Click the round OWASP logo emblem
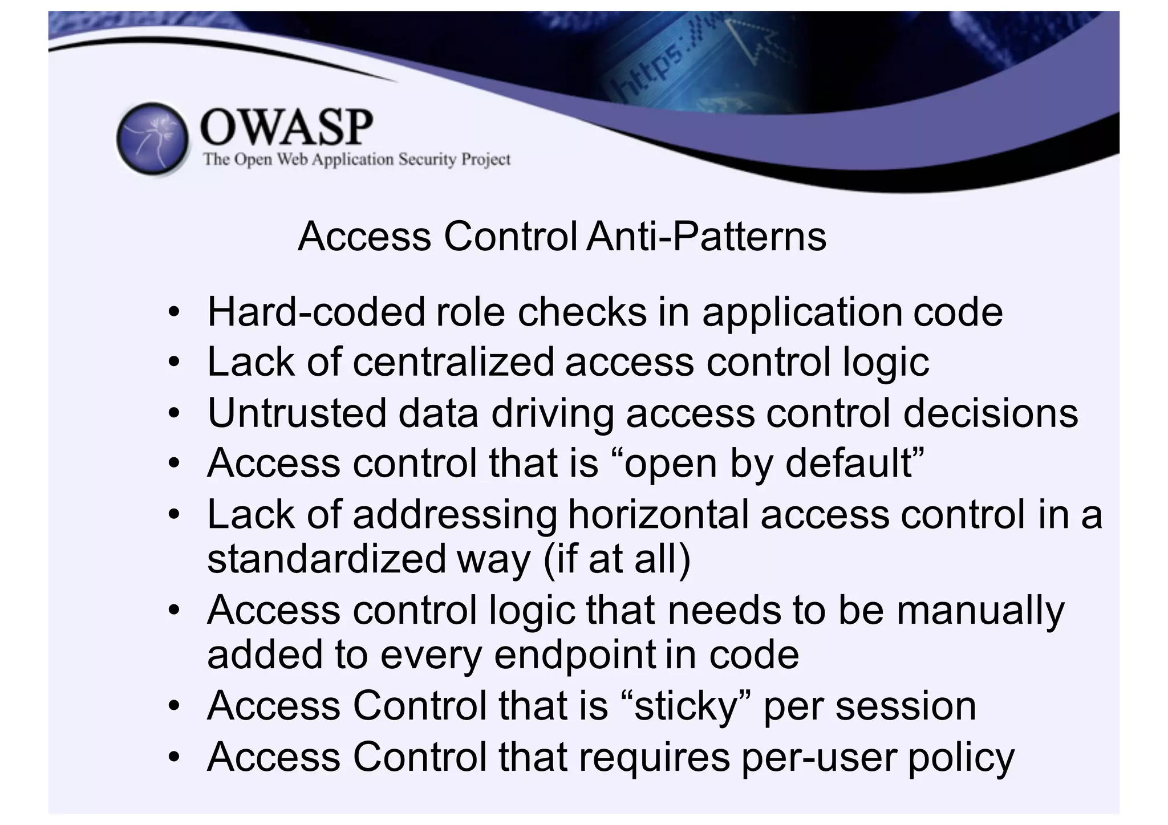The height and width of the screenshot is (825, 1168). (x=153, y=139)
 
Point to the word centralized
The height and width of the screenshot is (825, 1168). (x=453, y=362)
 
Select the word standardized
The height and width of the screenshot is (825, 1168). (x=326, y=559)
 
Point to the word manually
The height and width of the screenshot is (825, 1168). (x=980, y=610)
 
